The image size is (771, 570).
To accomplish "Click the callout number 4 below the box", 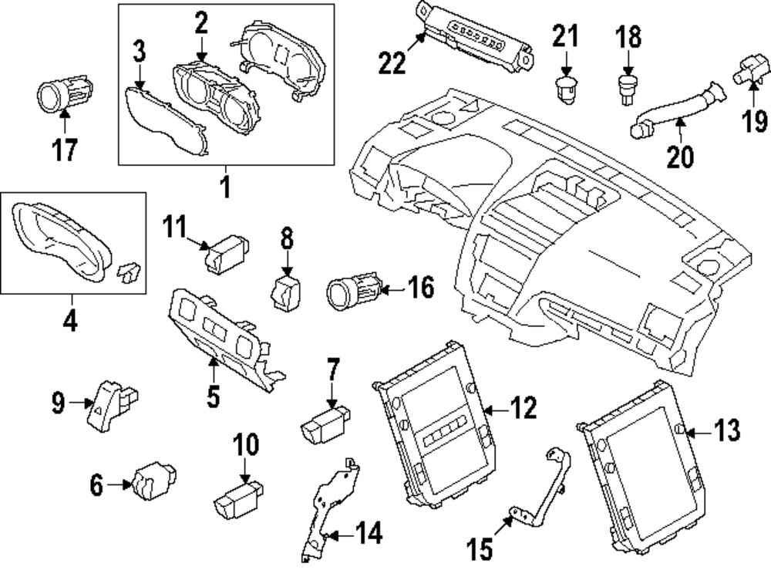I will pos(69,319).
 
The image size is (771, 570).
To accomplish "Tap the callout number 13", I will pos(726,430).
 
